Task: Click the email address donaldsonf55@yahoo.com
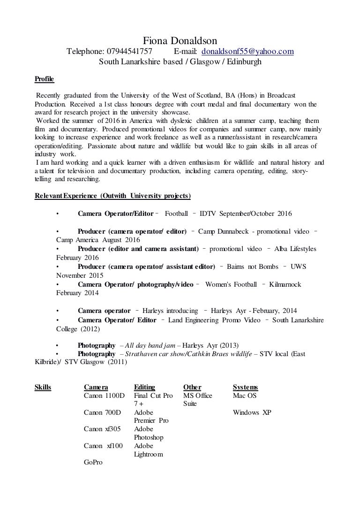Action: tap(247, 52)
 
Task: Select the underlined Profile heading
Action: tap(45, 78)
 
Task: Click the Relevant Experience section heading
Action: tap(113, 195)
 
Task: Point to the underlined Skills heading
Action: tap(43, 387)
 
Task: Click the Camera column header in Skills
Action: tap(96, 387)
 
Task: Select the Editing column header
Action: tap(144, 387)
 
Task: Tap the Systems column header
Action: tap(245, 387)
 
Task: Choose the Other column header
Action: tap(192, 387)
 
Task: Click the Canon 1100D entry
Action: tap(104, 396)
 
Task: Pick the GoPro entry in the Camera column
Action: tap(93, 463)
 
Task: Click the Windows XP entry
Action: tap(252, 412)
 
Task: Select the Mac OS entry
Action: tap(244, 396)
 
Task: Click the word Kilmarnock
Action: tap(286, 284)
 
